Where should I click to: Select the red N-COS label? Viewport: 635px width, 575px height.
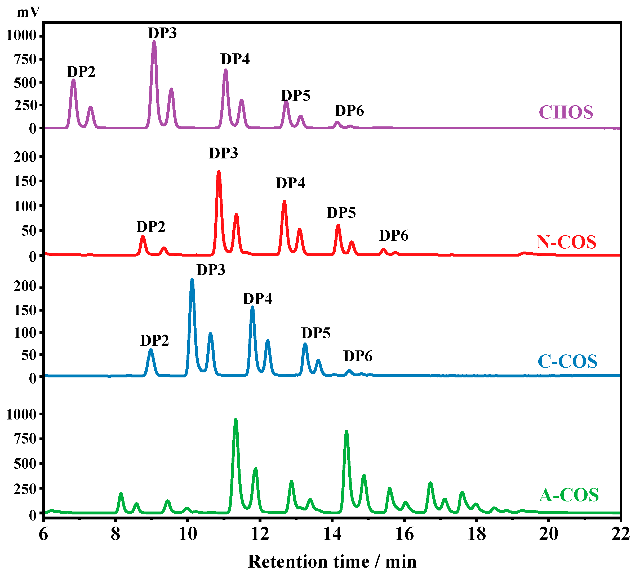(566, 242)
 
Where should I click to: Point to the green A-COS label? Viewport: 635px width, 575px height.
(569, 495)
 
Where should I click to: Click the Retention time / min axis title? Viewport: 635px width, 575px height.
(332, 562)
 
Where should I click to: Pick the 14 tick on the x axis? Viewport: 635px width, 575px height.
(332, 534)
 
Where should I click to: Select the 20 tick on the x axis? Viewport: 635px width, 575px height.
(548, 534)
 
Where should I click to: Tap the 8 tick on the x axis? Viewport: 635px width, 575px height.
(116, 534)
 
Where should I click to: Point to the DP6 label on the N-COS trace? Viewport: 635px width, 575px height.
(393, 235)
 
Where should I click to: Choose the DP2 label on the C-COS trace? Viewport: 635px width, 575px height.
(154, 340)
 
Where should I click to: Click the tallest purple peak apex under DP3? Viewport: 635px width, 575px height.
(154, 42)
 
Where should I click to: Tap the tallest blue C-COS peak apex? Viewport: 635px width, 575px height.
(192, 280)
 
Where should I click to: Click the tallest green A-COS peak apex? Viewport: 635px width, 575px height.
(235, 420)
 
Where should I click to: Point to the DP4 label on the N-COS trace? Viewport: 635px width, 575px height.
(290, 183)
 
